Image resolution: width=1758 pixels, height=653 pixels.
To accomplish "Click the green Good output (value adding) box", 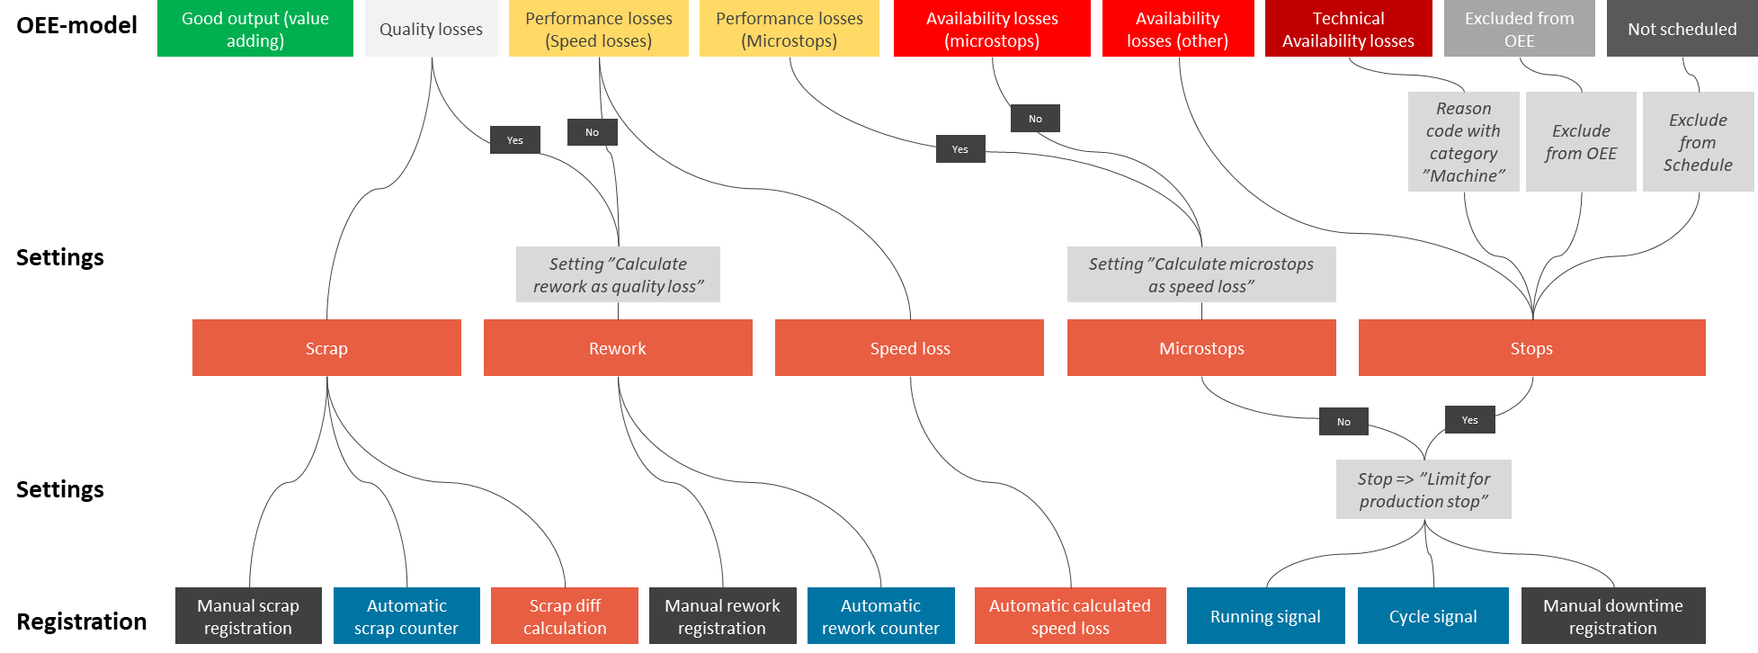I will (x=254, y=29).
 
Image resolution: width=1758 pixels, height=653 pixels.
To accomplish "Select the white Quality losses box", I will (x=431, y=29).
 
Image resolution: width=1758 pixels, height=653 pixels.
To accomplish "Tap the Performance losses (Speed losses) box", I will (x=598, y=29).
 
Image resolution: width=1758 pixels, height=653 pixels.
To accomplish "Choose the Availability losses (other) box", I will (x=1177, y=29).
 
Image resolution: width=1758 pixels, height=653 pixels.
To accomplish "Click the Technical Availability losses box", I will (x=1348, y=29).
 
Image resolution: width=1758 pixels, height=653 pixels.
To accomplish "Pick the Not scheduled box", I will (x=1682, y=29).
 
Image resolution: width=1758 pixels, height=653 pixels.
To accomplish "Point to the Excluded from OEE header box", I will (x=1519, y=29).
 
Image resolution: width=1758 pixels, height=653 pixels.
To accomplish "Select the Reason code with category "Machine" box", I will (x=1463, y=142).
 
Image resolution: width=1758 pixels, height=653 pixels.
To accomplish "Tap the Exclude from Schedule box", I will (x=1698, y=142).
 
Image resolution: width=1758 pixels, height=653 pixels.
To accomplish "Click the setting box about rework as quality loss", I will (x=618, y=274).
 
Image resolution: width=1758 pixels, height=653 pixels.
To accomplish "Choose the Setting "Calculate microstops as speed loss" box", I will (x=1200, y=274).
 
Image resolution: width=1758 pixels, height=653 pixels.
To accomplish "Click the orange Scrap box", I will (x=326, y=348).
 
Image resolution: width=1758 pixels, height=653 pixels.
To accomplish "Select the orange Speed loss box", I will (x=909, y=348).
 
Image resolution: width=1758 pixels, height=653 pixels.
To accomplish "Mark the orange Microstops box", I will (x=1200, y=348).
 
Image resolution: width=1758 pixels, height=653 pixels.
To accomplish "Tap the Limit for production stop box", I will (x=1423, y=489).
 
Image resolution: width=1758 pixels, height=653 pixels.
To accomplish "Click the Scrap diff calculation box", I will (x=565, y=616).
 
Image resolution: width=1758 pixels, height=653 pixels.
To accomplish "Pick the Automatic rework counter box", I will (x=880, y=616).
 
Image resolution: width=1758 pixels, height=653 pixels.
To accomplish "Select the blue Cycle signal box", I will (x=1432, y=616).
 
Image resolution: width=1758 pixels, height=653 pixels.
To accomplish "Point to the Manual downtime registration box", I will (x=1612, y=616).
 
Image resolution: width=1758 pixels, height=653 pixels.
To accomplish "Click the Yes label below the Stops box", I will (x=1469, y=420).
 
